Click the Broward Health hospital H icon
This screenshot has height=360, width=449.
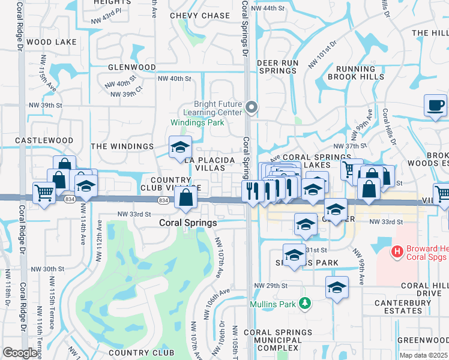click(x=396, y=252)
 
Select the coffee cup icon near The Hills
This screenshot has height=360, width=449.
click(x=435, y=106)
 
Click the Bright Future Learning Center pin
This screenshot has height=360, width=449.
click(x=252, y=108)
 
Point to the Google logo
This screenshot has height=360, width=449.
click(x=20, y=353)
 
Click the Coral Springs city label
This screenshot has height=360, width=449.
click(x=187, y=222)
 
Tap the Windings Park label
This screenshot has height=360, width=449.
click(x=197, y=122)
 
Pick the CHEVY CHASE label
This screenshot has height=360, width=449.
click(x=200, y=16)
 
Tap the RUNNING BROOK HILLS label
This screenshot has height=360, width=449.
click(x=357, y=73)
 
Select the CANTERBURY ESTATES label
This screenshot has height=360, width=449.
click(x=398, y=307)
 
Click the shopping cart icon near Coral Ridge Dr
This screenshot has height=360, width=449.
click(x=44, y=193)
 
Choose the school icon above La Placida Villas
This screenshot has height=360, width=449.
click(x=180, y=147)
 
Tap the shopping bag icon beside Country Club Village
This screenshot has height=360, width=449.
click(x=186, y=196)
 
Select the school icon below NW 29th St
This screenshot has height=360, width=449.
click(x=337, y=287)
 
